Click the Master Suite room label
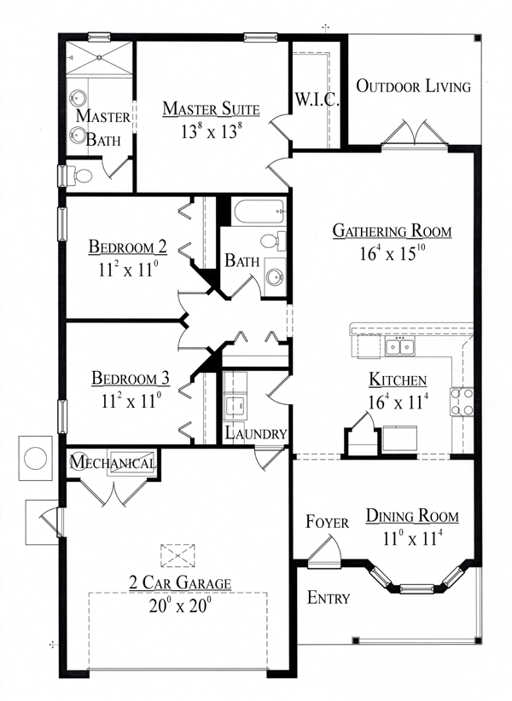[x=211, y=108]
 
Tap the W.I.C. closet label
[x=317, y=100]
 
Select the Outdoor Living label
[x=413, y=86]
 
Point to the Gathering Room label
[x=392, y=231]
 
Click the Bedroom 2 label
[x=128, y=247]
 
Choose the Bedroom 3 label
[x=128, y=378]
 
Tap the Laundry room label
[x=256, y=433]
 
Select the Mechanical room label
[x=113, y=463]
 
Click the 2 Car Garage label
[x=179, y=583]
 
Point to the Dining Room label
[x=412, y=516]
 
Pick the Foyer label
[x=327, y=522]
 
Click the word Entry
[x=328, y=598]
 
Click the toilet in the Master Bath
[x=81, y=176]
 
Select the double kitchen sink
[x=399, y=346]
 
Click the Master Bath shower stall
[x=101, y=59]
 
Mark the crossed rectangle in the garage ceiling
[x=177, y=555]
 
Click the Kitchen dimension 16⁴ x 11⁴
[x=397, y=402]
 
